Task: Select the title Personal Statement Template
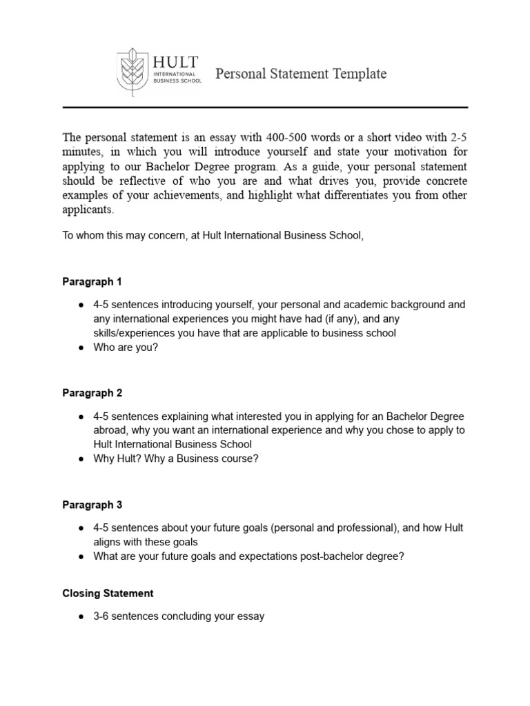[301, 74]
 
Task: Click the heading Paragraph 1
[92, 282]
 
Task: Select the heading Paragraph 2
[92, 393]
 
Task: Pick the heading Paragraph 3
[92, 505]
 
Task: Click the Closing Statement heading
[108, 593]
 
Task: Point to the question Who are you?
[126, 348]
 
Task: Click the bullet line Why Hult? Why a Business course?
[176, 459]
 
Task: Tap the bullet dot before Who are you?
[81, 348]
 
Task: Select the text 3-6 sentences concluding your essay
[179, 616]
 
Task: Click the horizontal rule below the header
[265, 108]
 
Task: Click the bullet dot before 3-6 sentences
[81, 616]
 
